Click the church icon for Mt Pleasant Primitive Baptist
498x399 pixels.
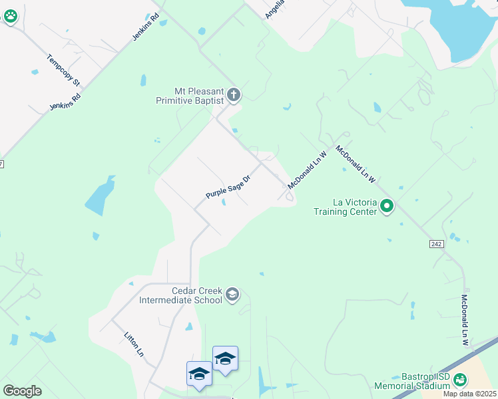point(233,95)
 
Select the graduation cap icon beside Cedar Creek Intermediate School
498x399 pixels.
point(232,295)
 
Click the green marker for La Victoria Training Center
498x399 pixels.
point(387,207)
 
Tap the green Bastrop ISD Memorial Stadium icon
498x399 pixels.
point(460,380)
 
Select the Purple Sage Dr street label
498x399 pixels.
point(228,187)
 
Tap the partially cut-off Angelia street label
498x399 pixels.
point(274,9)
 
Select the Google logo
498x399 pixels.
point(22,391)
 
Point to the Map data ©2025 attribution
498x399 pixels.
point(469,394)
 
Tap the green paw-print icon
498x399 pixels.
point(11,17)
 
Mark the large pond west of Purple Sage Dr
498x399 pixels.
point(100,196)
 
